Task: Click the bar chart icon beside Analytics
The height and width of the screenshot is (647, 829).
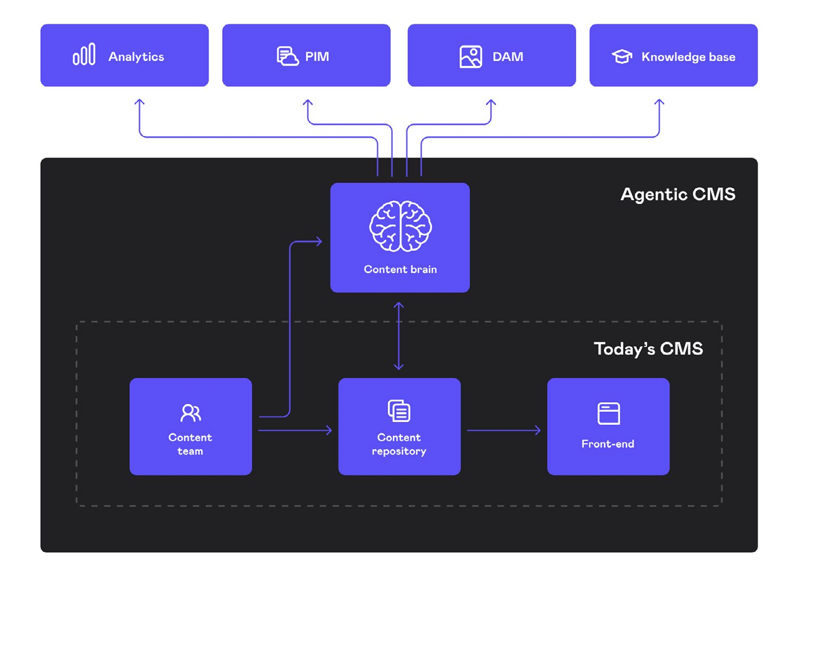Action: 84,55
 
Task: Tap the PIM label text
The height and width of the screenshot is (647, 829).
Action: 317,57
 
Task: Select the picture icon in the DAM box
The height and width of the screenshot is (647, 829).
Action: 471,57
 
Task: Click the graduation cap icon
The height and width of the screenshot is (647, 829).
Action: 622,56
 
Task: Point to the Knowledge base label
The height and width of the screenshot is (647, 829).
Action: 688,57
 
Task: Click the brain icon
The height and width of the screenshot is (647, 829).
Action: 400,226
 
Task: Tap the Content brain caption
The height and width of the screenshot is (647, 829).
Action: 400,270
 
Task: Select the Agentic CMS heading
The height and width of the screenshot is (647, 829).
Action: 678,194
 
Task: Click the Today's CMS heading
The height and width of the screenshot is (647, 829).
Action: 648,348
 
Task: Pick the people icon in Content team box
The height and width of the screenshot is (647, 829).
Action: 191,413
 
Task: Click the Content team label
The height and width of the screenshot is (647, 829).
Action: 190,444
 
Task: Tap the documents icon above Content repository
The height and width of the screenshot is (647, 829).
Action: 399,411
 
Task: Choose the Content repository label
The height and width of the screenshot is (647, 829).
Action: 399,444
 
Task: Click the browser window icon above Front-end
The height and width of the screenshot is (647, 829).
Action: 608,414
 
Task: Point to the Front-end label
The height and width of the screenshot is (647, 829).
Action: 608,444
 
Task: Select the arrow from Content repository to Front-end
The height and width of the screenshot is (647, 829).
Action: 504,431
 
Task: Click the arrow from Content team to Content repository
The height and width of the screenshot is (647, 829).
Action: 295,431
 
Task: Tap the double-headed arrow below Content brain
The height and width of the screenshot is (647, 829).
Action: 399,336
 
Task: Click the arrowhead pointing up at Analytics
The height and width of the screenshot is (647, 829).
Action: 139,103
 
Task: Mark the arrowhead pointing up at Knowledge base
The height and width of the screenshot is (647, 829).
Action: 659,103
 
